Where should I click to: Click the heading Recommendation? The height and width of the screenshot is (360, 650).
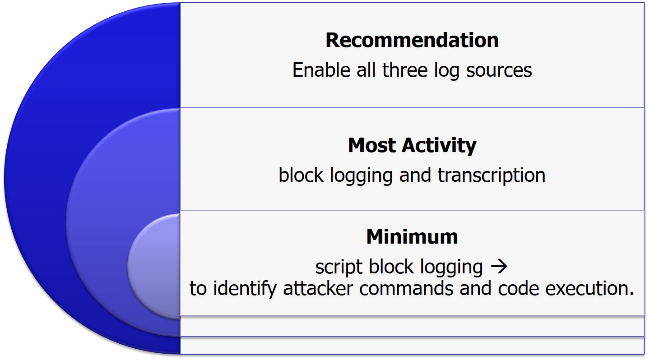[412, 40]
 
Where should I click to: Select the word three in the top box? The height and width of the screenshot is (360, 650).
[405, 70]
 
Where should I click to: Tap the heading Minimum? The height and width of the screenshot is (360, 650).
[412, 237]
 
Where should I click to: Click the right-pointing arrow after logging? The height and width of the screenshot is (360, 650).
[499, 267]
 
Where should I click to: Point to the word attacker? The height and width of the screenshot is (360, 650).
[318, 289]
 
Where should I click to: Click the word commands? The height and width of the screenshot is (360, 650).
[406, 289]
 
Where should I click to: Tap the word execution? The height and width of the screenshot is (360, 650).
[590, 289]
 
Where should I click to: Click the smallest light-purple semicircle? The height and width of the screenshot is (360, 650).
[154, 267]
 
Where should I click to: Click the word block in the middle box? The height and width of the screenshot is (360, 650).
[301, 175]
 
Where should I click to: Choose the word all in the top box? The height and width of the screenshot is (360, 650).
[366, 70]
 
